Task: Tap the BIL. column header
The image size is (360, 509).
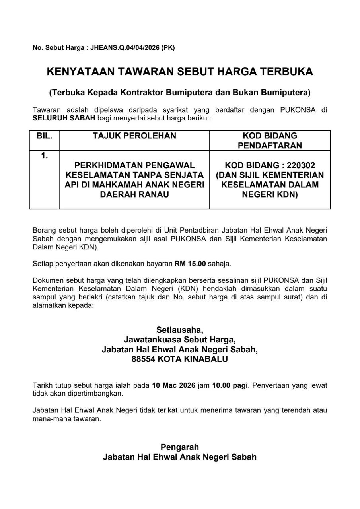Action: point(45,136)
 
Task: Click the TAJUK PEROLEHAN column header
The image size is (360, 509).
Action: point(134,136)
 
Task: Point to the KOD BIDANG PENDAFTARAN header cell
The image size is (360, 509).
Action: point(270,140)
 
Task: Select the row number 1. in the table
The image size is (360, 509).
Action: point(45,156)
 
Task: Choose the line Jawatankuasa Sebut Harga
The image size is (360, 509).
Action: point(180,340)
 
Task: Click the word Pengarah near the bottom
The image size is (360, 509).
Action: point(180,447)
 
